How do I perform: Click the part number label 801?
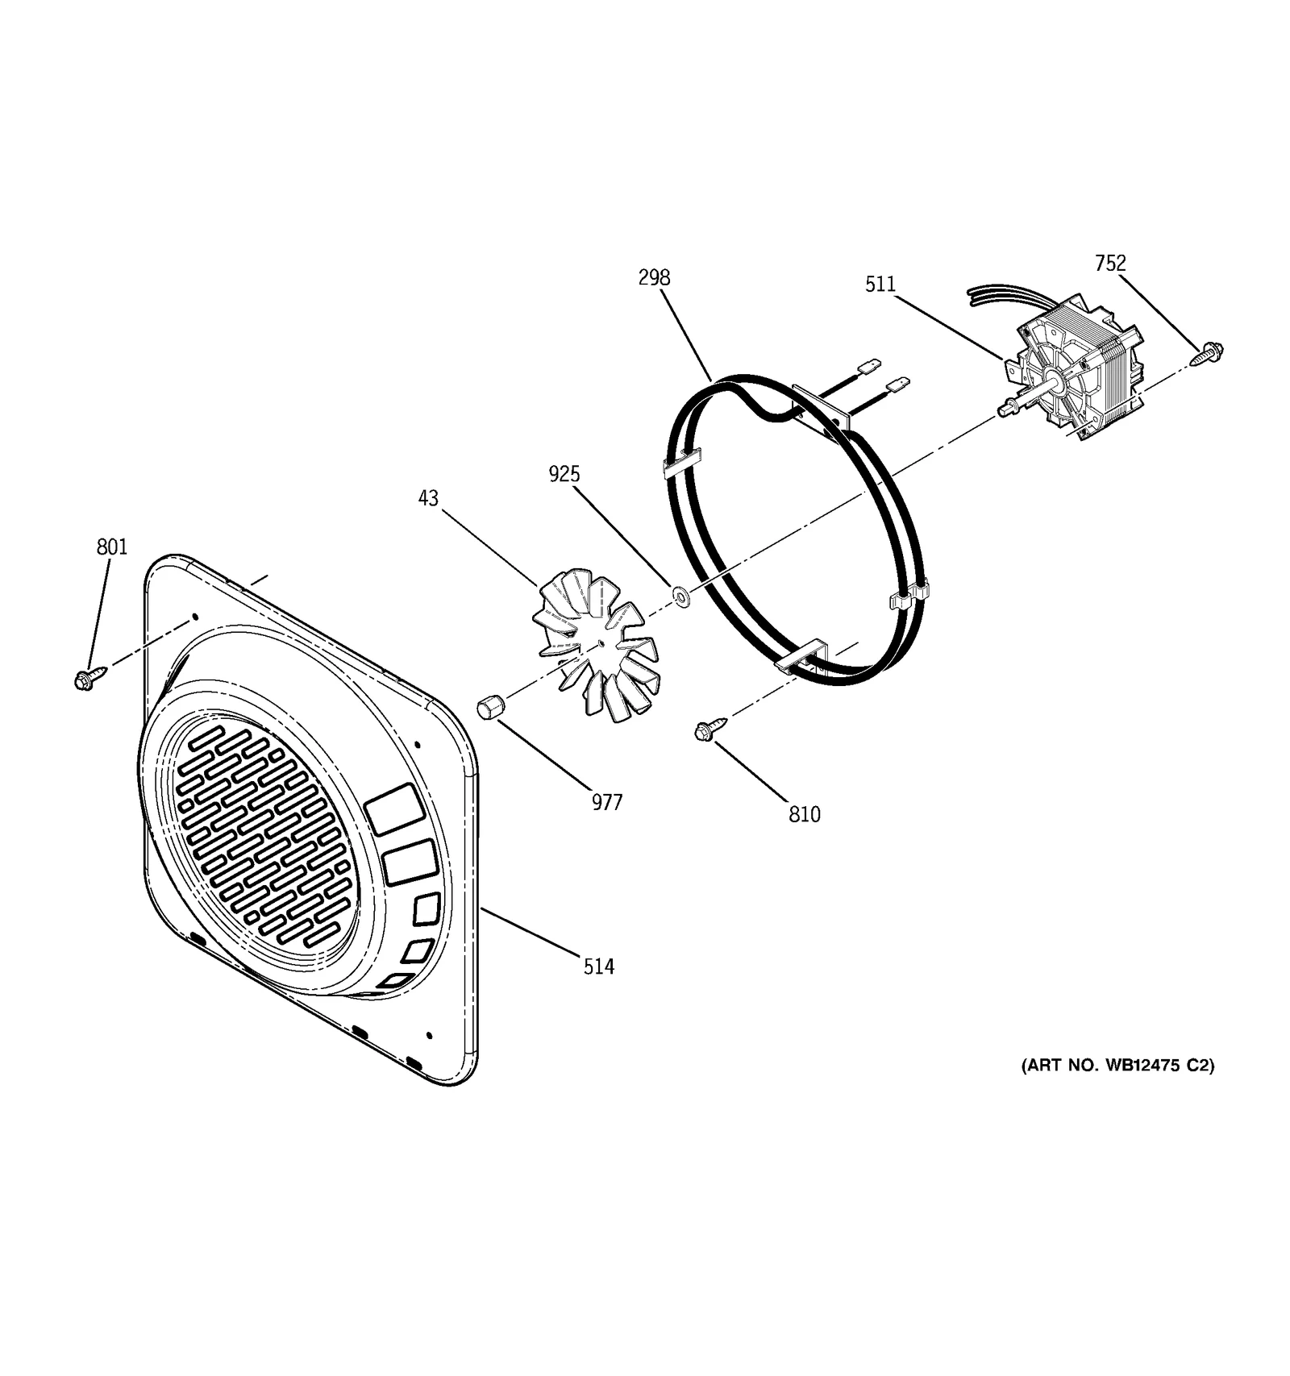point(112,547)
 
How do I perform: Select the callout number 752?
point(1110,263)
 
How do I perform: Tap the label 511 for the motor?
point(880,284)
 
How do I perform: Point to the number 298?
point(654,277)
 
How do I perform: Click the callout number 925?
point(564,474)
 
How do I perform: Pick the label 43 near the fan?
point(428,498)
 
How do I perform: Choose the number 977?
point(607,802)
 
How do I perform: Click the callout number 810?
point(805,814)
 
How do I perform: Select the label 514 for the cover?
point(599,966)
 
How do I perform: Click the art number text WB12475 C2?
point(1117,1065)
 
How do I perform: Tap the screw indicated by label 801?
point(85,679)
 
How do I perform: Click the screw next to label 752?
point(1210,351)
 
